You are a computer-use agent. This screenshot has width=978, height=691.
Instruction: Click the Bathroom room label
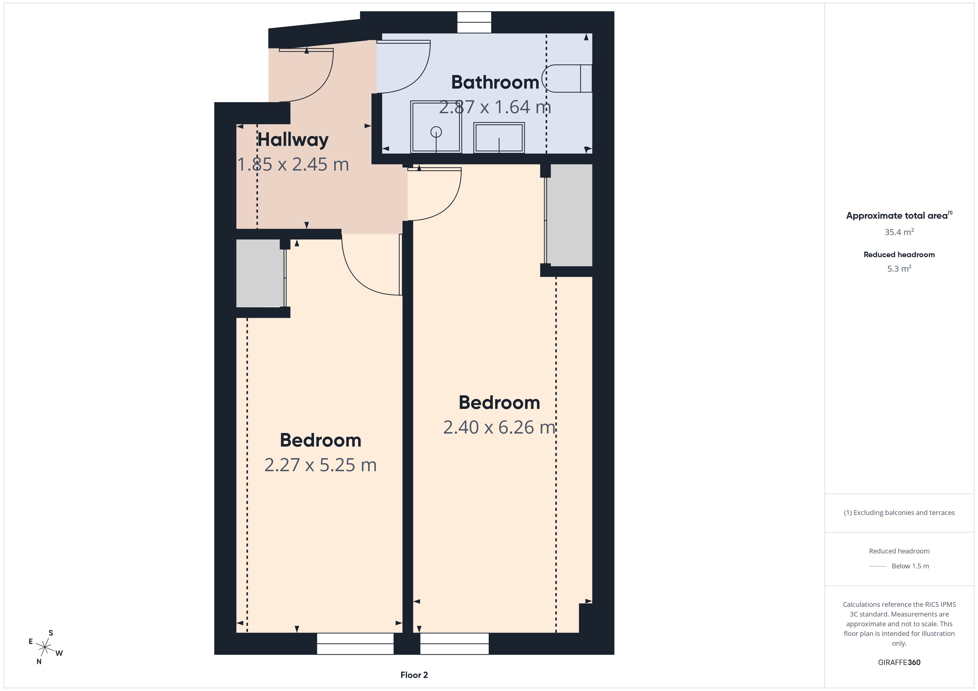tap(495, 82)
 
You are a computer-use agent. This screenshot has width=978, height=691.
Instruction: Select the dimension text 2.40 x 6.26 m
tap(499, 427)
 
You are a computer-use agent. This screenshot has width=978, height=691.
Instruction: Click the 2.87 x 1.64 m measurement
tap(495, 107)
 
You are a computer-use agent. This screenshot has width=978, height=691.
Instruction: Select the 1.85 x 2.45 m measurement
tap(293, 164)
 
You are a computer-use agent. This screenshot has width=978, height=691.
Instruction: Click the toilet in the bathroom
tap(567, 78)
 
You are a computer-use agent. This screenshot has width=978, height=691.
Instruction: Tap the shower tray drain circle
tap(436, 132)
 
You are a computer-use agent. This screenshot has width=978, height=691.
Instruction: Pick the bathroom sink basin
tap(499, 137)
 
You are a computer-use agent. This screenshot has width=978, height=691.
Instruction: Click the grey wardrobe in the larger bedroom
tap(569, 215)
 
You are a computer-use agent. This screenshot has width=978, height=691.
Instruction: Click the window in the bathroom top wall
tap(474, 22)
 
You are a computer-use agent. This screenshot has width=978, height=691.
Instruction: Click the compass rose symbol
tap(45, 648)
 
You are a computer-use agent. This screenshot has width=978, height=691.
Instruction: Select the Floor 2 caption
tap(414, 675)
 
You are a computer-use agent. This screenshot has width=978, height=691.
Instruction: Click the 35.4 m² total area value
tap(899, 232)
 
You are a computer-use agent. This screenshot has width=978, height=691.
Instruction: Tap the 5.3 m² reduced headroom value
tap(899, 269)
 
